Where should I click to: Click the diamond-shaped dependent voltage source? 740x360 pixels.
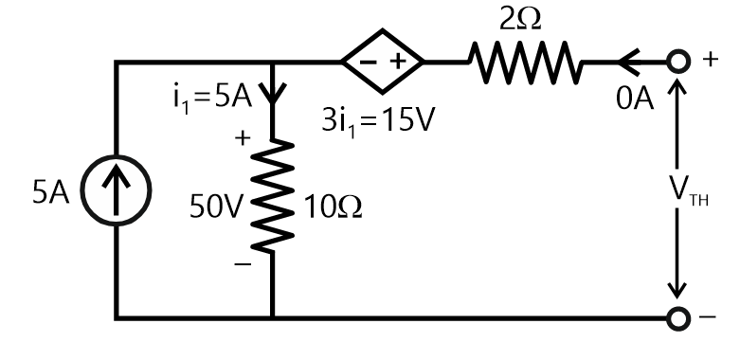click(382, 64)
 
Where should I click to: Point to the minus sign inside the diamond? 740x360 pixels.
click(366, 64)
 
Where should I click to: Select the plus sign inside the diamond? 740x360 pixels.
click(398, 64)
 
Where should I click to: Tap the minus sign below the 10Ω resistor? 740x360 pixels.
click(244, 267)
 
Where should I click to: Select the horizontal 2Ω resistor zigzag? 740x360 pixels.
click(525, 64)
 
